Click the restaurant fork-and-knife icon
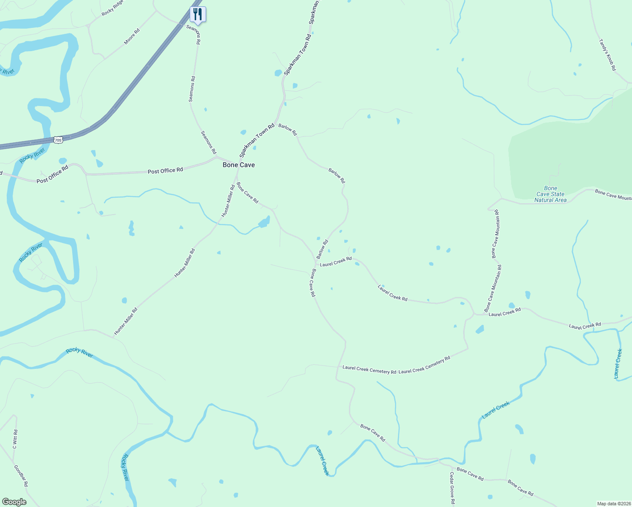(x=197, y=14)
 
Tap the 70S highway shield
(x=58, y=140)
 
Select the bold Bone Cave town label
(x=239, y=165)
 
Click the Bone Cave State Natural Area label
(x=550, y=194)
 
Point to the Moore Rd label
(x=132, y=37)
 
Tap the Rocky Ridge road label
(x=112, y=8)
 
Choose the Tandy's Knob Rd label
(x=607, y=55)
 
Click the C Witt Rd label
(x=15, y=439)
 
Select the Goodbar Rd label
(x=21, y=476)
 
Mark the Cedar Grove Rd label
(x=452, y=488)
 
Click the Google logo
(x=14, y=502)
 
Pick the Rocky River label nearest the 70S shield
(x=32, y=156)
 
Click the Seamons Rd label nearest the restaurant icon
(x=193, y=34)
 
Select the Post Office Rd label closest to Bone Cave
(x=165, y=170)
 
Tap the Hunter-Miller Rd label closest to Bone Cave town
(x=228, y=201)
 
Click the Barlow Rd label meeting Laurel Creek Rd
(x=322, y=250)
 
